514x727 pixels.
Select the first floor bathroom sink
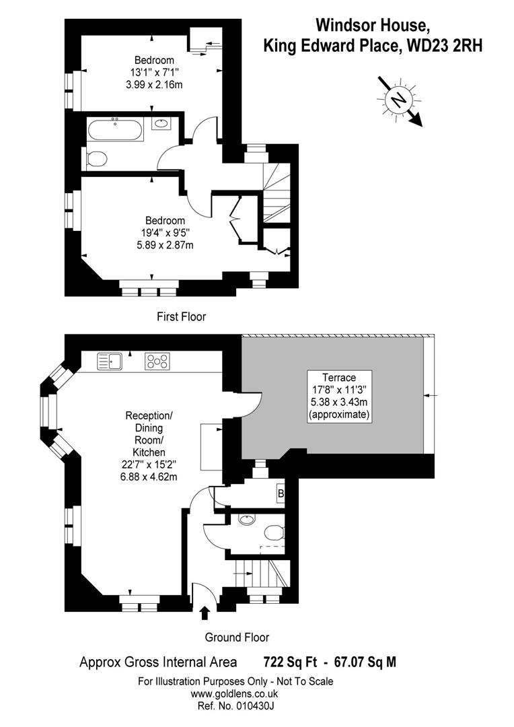tap(162, 124)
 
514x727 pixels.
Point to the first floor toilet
tap(96, 159)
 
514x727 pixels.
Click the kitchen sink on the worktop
tap(109, 361)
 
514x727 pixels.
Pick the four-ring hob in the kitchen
tap(157, 361)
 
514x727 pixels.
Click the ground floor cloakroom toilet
tap(274, 533)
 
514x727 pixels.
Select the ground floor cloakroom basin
tap(246, 520)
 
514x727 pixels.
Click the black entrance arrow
tap(205, 611)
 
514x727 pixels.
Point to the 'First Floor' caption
tap(181, 316)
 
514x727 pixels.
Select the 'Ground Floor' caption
tap(237, 637)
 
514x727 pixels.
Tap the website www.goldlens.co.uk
tap(235, 693)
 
